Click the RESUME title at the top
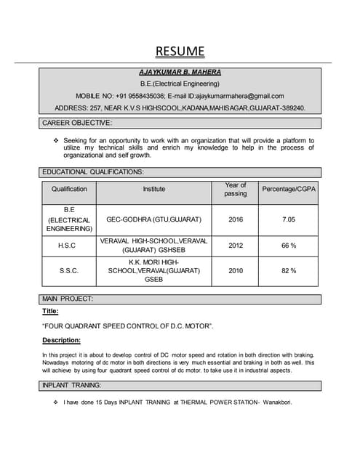180,51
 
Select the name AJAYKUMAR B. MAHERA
180,73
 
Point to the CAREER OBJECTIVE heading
77,123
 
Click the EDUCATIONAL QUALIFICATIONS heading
93,172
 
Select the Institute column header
153,190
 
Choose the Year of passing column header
236,190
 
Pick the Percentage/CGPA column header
288,190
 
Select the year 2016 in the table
236,219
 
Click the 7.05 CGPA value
288,219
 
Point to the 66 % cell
288,246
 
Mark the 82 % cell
288,270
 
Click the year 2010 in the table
236,270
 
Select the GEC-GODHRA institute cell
153,219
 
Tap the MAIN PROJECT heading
68,299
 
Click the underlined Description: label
61,340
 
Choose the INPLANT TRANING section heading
72,385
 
